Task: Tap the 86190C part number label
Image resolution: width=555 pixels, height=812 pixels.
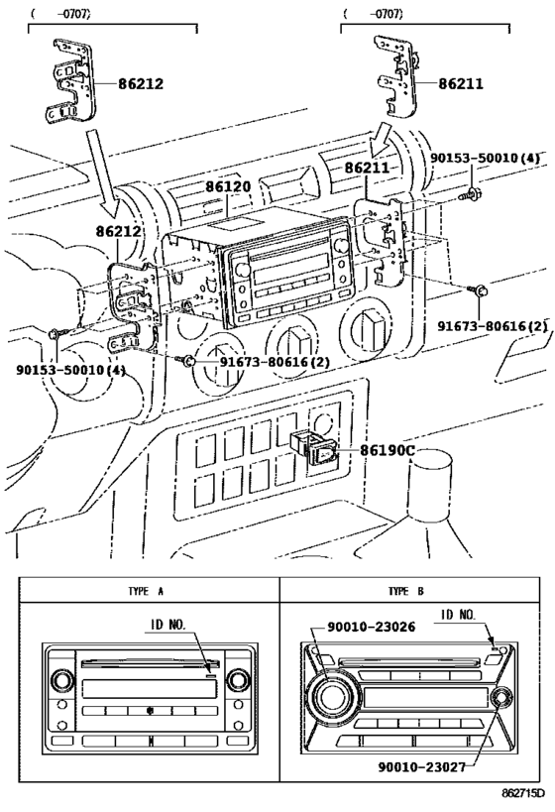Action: [x=386, y=450]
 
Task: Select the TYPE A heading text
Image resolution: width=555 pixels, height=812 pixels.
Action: [x=146, y=591]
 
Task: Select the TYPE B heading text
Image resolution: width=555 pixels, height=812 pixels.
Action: [x=406, y=591]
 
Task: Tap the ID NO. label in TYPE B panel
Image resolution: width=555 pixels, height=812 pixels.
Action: [x=461, y=615]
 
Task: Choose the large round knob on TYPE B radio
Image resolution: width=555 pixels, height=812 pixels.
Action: [x=329, y=694]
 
